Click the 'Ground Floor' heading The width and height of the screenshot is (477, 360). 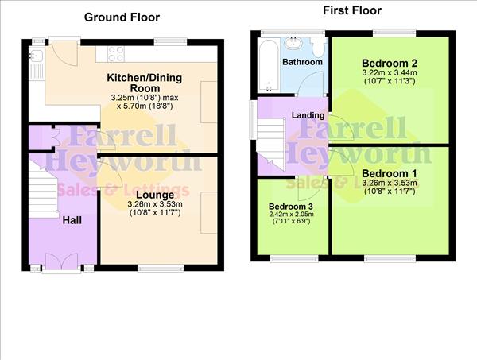point(122,17)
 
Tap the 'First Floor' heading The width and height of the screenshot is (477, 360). point(352,10)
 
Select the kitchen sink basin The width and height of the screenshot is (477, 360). point(36,56)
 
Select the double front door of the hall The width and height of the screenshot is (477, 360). point(62,260)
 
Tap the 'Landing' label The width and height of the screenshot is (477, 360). point(308,115)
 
